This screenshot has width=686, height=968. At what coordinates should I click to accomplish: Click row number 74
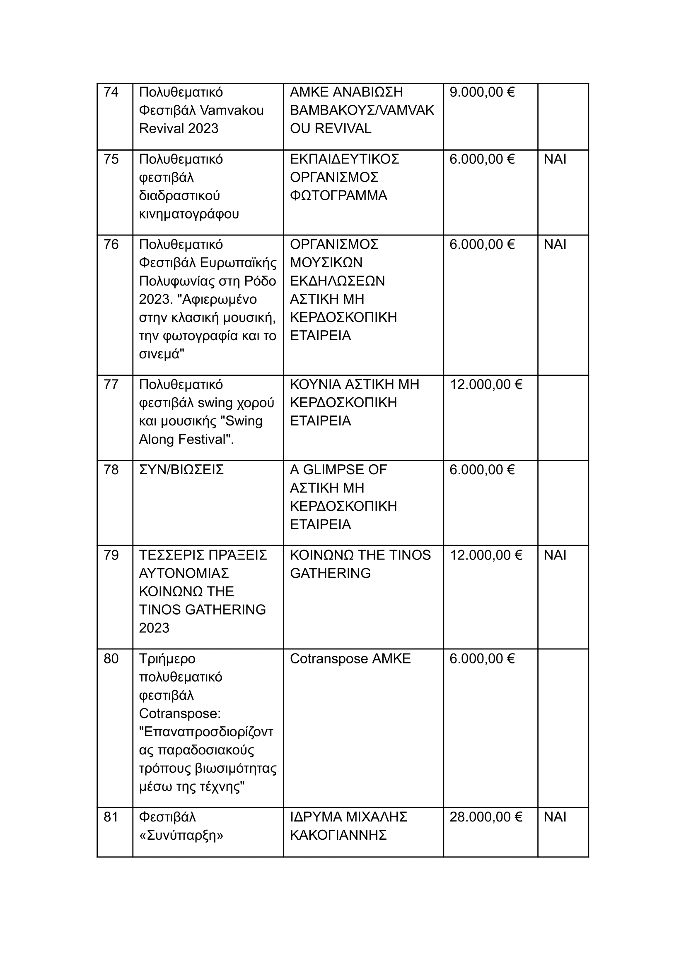tap(111, 92)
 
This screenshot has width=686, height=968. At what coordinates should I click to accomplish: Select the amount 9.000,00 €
tap(481, 92)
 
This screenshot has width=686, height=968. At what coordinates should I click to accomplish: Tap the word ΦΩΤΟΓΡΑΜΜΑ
tap(338, 195)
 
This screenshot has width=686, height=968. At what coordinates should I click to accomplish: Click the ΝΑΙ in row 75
tap(555, 159)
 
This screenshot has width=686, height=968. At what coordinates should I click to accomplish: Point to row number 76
tap(111, 244)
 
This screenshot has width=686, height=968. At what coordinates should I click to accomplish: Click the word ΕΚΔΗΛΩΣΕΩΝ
tap(337, 281)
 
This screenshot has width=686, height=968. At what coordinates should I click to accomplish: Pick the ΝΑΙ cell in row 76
tap(555, 244)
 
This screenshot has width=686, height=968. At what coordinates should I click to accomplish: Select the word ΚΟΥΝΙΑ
tap(315, 384)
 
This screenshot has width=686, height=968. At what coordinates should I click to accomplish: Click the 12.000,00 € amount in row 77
tap(486, 384)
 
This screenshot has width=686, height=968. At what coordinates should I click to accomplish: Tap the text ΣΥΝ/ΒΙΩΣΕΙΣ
tap(181, 470)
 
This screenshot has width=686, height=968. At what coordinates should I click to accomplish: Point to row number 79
tap(111, 555)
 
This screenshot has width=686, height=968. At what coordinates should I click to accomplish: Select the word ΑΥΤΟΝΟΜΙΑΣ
tap(184, 573)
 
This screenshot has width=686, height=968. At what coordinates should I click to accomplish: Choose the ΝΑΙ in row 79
tap(555, 555)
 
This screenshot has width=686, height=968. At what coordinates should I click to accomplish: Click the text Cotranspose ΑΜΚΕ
tap(350, 659)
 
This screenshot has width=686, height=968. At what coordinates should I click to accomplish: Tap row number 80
tap(111, 659)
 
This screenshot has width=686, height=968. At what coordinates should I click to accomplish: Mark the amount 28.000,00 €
tap(486, 817)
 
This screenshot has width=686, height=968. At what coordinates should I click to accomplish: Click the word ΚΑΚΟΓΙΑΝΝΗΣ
tap(338, 835)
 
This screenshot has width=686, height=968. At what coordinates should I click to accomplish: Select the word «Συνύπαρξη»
tap(181, 835)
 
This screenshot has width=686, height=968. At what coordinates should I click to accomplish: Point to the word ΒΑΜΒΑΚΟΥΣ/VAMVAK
tap(362, 110)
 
